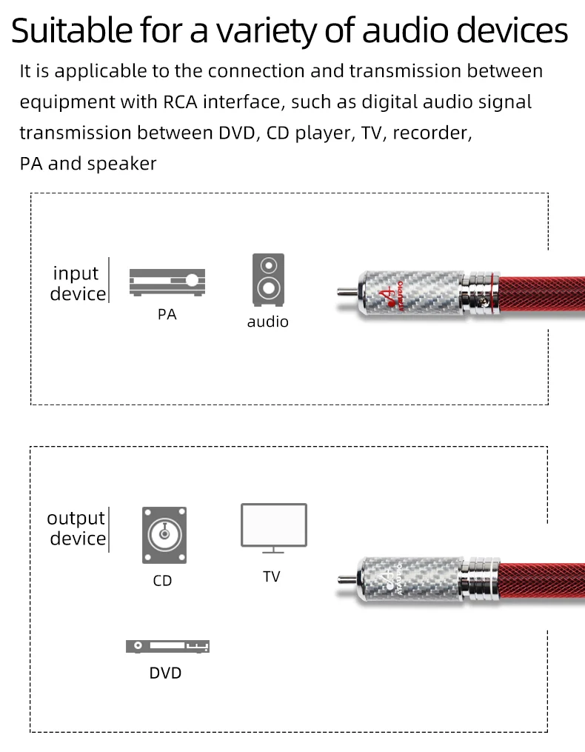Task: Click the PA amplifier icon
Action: point(167,282)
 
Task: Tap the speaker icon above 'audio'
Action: point(267,279)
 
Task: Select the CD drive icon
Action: point(164,534)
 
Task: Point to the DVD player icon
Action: point(167,646)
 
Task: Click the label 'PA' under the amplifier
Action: point(167,314)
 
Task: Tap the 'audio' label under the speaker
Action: point(267,322)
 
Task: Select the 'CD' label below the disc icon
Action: point(162,580)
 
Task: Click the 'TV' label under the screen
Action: point(272,576)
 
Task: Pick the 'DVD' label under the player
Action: point(165,673)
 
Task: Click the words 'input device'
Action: point(78,284)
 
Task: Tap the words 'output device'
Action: point(77,528)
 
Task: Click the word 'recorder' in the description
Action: point(432,133)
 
